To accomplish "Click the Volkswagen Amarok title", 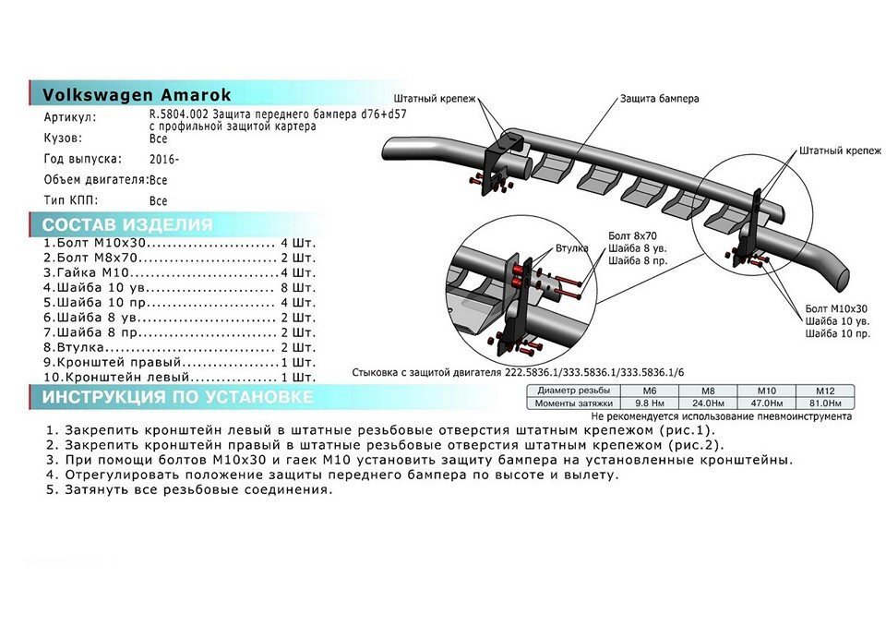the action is click(137, 94).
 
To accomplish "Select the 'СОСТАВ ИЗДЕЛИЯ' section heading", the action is click(127, 224).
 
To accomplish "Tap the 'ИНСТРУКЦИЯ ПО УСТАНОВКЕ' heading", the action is click(177, 397).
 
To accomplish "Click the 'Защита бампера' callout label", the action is click(659, 99).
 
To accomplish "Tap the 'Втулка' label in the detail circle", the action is click(572, 248).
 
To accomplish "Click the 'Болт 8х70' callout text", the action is click(632, 235).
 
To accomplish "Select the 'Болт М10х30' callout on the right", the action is click(836, 308).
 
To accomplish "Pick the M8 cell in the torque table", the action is click(708, 391).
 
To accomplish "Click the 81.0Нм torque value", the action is click(825, 403).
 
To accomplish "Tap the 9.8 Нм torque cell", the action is click(649, 403).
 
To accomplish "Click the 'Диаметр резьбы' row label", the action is click(573, 391).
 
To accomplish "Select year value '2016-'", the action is click(164, 160).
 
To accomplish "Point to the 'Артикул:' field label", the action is click(70, 117).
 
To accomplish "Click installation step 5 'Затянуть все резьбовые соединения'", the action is click(190, 489).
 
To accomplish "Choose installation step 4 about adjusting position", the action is click(333, 475).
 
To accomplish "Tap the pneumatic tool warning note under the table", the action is click(722, 416).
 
